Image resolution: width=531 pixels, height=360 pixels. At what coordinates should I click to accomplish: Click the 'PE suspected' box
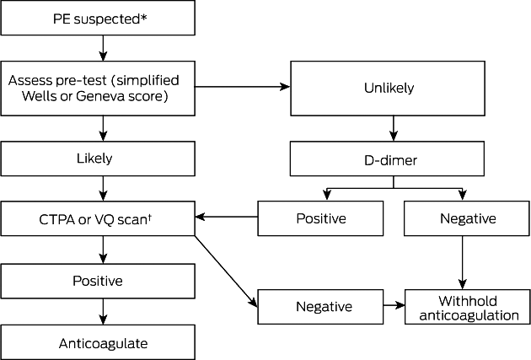[x=98, y=18]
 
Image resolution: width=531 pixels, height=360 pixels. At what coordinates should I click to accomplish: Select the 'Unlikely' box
[x=388, y=89]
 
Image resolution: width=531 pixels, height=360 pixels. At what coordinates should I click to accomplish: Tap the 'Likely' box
[x=98, y=159]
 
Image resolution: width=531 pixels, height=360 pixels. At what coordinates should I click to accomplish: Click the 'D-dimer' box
[x=387, y=159]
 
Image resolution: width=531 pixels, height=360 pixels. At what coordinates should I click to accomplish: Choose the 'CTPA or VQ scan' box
[x=98, y=218]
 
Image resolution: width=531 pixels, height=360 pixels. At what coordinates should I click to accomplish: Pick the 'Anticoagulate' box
[x=98, y=342]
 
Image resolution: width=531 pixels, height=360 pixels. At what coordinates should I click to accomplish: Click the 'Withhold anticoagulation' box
[x=467, y=307]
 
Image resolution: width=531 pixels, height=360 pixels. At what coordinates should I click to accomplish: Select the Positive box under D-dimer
[x=320, y=218]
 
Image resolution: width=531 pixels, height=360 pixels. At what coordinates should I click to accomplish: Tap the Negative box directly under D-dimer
[x=467, y=218]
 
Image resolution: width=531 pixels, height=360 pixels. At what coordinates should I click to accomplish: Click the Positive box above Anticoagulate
[x=98, y=281]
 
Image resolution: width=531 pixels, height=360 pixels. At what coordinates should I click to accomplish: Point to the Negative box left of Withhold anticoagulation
[x=320, y=307]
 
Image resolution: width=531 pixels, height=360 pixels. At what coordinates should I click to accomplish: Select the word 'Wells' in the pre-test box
[x=38, y=96]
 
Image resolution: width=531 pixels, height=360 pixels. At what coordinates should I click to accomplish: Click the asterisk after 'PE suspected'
[x=143, y=17]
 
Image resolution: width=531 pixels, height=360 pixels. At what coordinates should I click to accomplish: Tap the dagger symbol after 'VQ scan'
[x=149, y=217]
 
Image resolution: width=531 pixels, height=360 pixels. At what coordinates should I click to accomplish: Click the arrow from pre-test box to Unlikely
[x=243, y=87]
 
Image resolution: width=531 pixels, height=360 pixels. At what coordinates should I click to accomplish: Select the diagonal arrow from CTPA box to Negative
[x=226, y=271]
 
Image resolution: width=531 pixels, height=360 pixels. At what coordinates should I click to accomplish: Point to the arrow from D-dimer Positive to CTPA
[x=227, y=217]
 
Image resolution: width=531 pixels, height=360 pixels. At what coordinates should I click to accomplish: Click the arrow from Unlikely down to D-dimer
[x=393, y=128]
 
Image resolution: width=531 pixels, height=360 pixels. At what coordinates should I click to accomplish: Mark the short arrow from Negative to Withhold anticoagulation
[x=394, y=305]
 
